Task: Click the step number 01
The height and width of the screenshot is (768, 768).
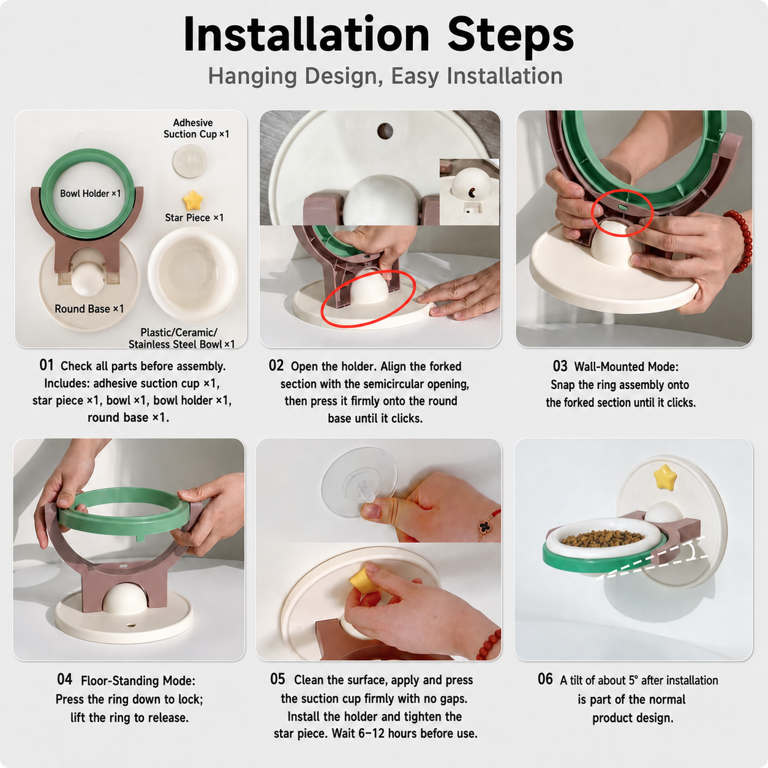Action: coord(46,365)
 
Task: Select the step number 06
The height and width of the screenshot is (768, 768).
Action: coord(545,679)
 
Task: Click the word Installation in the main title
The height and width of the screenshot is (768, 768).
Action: coord(306,35)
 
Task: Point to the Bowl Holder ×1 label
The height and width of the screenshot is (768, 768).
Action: coord(90,194)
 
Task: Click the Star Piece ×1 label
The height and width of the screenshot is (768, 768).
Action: coord(195,217)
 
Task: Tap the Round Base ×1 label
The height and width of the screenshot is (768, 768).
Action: coord(89,309)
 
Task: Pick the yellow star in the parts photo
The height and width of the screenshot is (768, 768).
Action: coord(193,200)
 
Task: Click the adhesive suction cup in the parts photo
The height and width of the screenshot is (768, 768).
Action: coord(190,161)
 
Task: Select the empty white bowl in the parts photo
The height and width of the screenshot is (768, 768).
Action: coord(194,274)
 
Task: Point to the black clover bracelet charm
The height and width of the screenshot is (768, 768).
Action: coord(484,527)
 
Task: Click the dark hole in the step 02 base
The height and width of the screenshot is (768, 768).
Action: coord(385,130)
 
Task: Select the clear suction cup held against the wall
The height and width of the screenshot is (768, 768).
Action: coord(360,482)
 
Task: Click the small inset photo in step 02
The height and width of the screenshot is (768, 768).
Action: coord(470,192)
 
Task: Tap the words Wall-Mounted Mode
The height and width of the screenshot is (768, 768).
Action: coord(626,367)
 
